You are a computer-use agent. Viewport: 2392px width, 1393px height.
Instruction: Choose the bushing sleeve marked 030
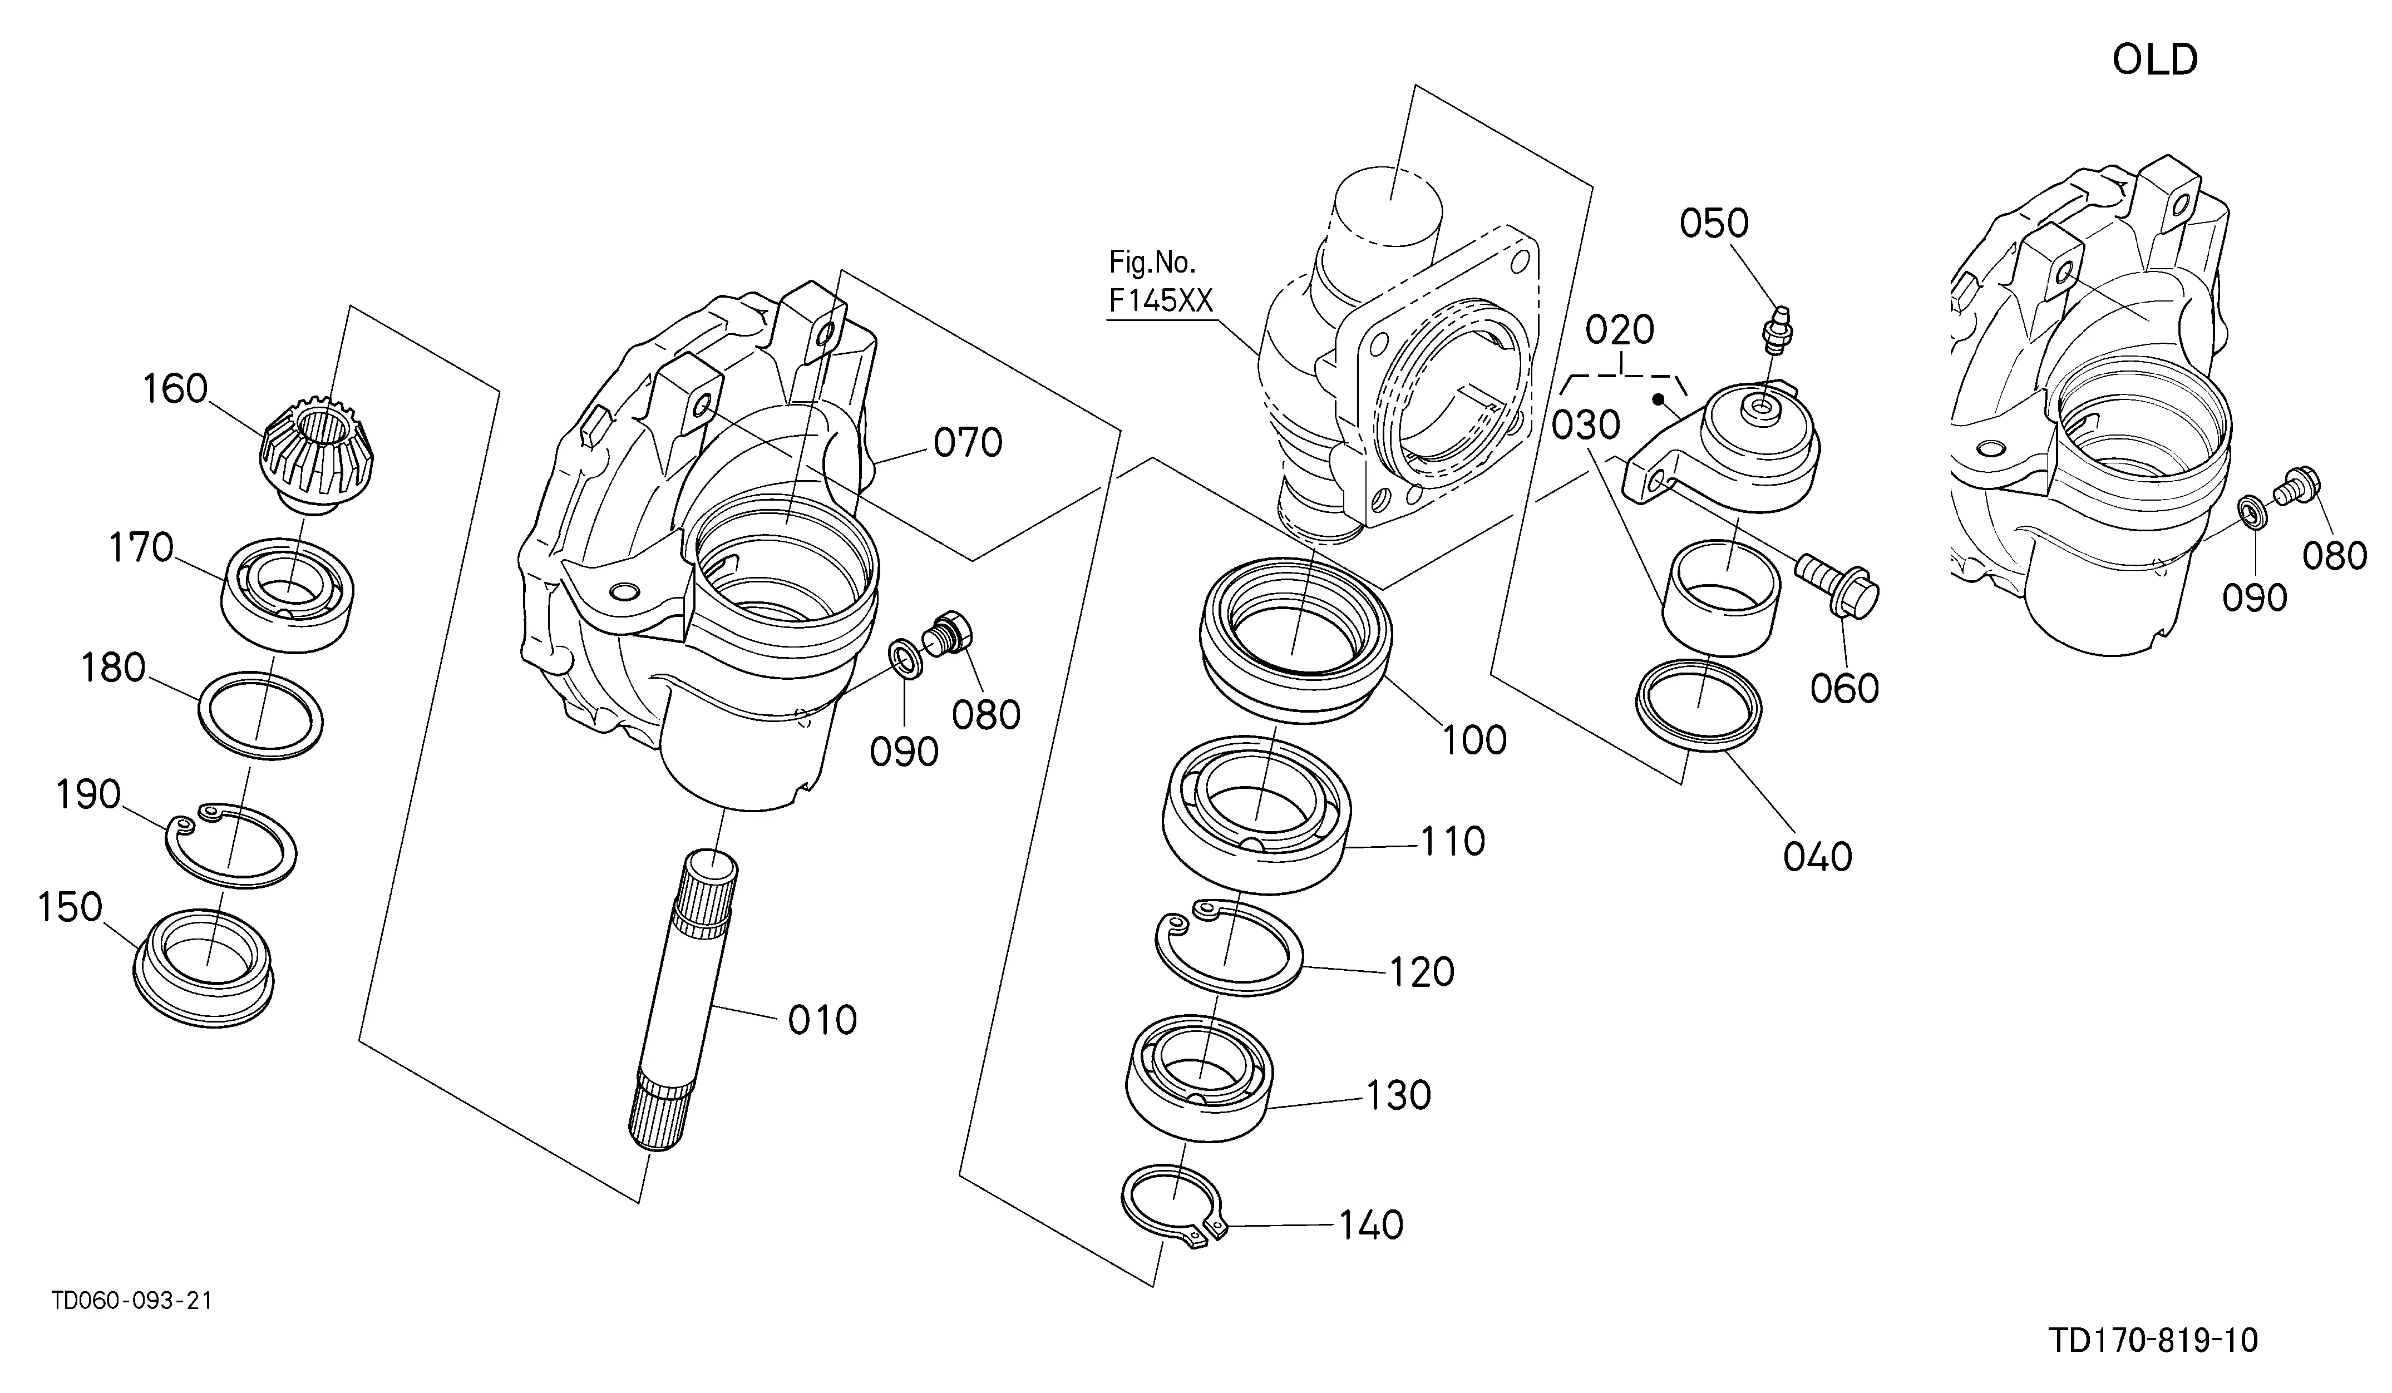click(x=1720, y=598)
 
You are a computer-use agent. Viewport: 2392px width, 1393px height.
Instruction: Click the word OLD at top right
click(x=2155, y=61)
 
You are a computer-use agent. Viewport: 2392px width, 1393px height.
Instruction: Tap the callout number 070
click(x=968, y=443)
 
